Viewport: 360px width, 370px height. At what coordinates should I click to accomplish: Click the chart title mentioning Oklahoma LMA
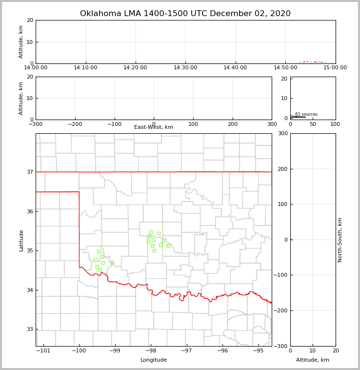(x=185, y=14)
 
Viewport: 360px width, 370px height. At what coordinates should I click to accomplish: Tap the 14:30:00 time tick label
(x=185, y=68)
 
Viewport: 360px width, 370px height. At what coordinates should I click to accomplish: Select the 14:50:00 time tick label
(x=285, y=68)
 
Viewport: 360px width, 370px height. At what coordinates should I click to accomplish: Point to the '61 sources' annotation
(x=306, y=114)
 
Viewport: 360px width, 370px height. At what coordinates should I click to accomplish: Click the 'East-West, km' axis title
(x=154, y=127)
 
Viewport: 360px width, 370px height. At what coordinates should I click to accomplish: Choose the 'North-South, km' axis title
(x=340, y=240)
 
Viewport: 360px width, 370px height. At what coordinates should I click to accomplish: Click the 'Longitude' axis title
(x=154, y=360)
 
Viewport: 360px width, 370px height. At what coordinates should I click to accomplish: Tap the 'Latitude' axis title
(x=21, y=240)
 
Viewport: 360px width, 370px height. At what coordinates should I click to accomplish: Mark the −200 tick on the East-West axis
(x=75, y=124)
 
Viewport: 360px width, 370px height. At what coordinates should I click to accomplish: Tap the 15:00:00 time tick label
(x=335, y=68)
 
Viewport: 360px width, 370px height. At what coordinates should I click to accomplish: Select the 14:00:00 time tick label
(x=36, y=68)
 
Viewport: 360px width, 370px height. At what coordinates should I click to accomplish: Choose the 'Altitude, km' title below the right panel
(x=313, y=360)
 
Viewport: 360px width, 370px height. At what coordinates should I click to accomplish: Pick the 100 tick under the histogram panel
(x=335, y=124)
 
